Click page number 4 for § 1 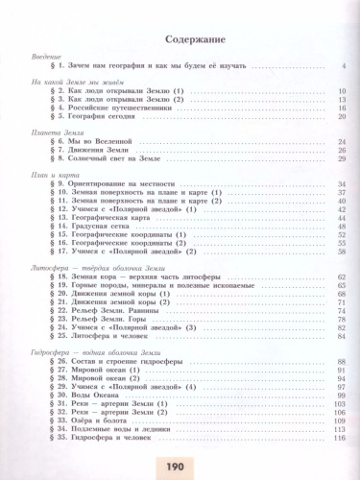pos(343,66)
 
